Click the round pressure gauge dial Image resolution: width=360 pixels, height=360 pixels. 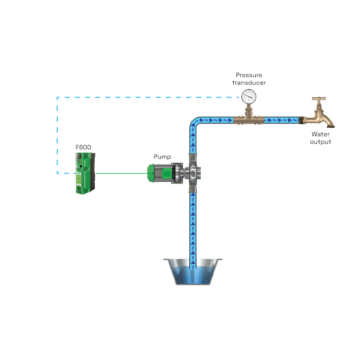click(249, 96)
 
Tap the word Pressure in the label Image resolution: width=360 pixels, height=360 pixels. click(249, 75)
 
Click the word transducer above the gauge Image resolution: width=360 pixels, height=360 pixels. click(249, 83)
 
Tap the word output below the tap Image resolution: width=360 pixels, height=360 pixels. click(321, 142)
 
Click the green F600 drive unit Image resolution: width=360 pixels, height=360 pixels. click(84, 173)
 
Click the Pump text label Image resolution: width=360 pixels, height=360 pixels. click(162, 157)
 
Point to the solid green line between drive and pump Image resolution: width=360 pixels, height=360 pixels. click(120, 173)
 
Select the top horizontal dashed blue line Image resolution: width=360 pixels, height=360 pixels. click(150, 97)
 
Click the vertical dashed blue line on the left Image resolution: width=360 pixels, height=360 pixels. click(57, 134)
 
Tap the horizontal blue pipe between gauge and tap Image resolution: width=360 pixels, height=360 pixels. click(281, 120)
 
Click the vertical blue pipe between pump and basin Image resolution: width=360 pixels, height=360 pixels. click(193, 225)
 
